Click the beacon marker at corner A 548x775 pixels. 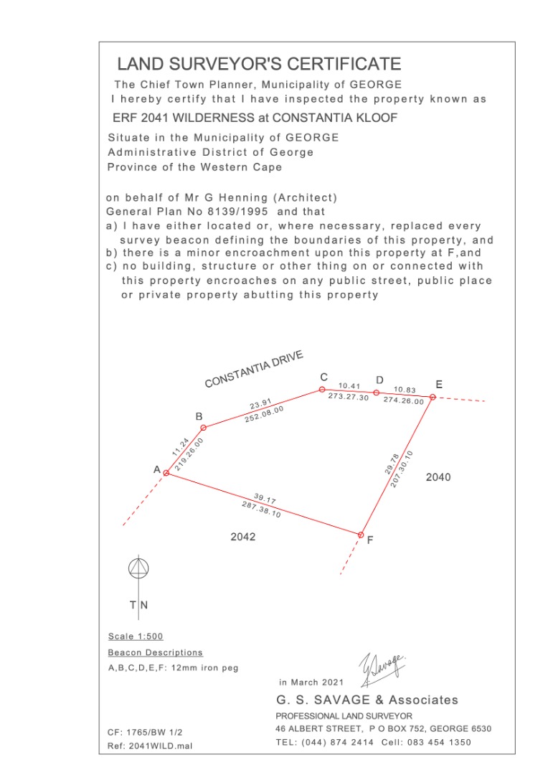pos(166,473)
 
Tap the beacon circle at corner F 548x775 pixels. pos(362,535)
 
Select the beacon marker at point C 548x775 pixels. pos(322,390)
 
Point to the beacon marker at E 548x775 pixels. pos(433,397)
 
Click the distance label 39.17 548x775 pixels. pos(265,499)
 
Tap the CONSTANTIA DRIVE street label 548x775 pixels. pos(254,369)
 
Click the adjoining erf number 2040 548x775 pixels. pos(438,477)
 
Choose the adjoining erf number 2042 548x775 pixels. pos(242,536)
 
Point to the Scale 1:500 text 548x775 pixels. pos(136,637)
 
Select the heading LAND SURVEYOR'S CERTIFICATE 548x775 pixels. pos(259,65)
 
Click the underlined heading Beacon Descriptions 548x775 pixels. pos(155,652)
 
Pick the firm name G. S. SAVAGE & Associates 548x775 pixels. pos(367,700)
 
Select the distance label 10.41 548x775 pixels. pos(349,386)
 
